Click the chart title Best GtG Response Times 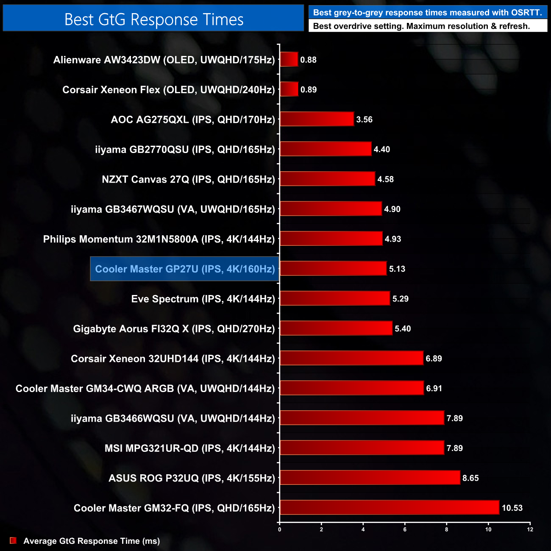[153, 19]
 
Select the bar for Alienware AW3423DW [289, 59]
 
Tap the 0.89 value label [309, 89]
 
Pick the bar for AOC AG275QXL [317, 119]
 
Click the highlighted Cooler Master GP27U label [185, 269]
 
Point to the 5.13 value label [397, 269]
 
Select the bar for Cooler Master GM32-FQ [390, 507]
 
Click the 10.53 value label [512, 508]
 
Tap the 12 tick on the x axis [530, 529]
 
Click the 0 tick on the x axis [280, 529]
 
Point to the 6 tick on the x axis [405, 529]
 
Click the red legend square [13, 540]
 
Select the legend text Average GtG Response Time [92, 541]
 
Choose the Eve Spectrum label [203, 299]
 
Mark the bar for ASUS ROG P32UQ [370, 478]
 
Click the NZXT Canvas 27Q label [188, 179]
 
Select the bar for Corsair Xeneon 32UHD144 [351, 358]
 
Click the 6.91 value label [434, 388]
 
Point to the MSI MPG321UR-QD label [190, 448]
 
